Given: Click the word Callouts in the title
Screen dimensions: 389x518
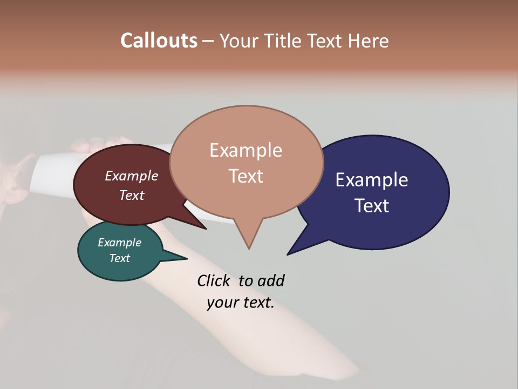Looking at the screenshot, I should pyautogui.click(x=159, y=41).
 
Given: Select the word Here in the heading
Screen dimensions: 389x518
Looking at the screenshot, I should pyautogui.click(x=369, y=41).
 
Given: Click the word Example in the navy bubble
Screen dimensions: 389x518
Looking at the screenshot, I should pyautogui.click(x=372, y=179).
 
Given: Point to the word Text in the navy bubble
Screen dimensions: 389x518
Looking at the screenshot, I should pyautogui.click(x=372, y=205).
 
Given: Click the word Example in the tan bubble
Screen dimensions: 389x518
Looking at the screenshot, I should pyautogui.click(x=246, y=150).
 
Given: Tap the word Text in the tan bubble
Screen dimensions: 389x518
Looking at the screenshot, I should pyautogui.click(x=246, y=176).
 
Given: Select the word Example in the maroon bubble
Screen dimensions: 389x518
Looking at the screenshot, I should pyautogui.click(x=132, y=176).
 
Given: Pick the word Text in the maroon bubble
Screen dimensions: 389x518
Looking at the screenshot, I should pyautogui.click(x=132, y=195).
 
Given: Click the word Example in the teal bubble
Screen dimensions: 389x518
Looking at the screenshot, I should pyautogui.click(x=120, y=243).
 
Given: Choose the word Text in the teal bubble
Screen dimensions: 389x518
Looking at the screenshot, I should pyautogui.click(x=120, y=258).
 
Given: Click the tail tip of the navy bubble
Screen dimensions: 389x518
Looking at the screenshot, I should pyautogui.click(x=288, y=254).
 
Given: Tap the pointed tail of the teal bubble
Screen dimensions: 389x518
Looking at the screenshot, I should pyautogui.click(x=186, y=258).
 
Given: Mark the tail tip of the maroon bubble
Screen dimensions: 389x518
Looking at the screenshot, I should pyautogui.click(x=206, y=229).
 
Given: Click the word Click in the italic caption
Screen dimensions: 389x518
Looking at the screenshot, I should pyautogui.click(x=214, y=280).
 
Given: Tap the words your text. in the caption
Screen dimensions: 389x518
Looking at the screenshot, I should pyautogui.click(x=241, y=303).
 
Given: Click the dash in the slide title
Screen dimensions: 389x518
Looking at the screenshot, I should pyautogui.click(x=209, y=41).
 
